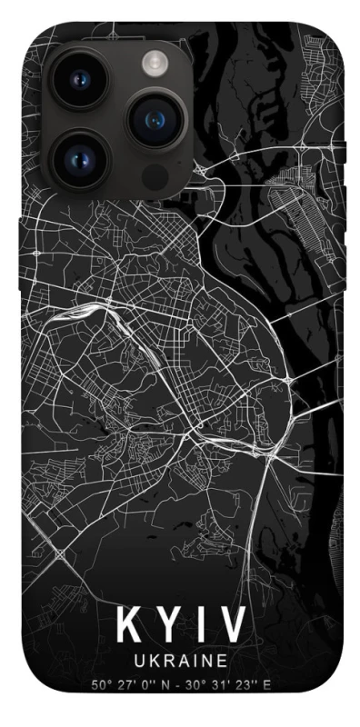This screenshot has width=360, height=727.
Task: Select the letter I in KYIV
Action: [x=198, y=625]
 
